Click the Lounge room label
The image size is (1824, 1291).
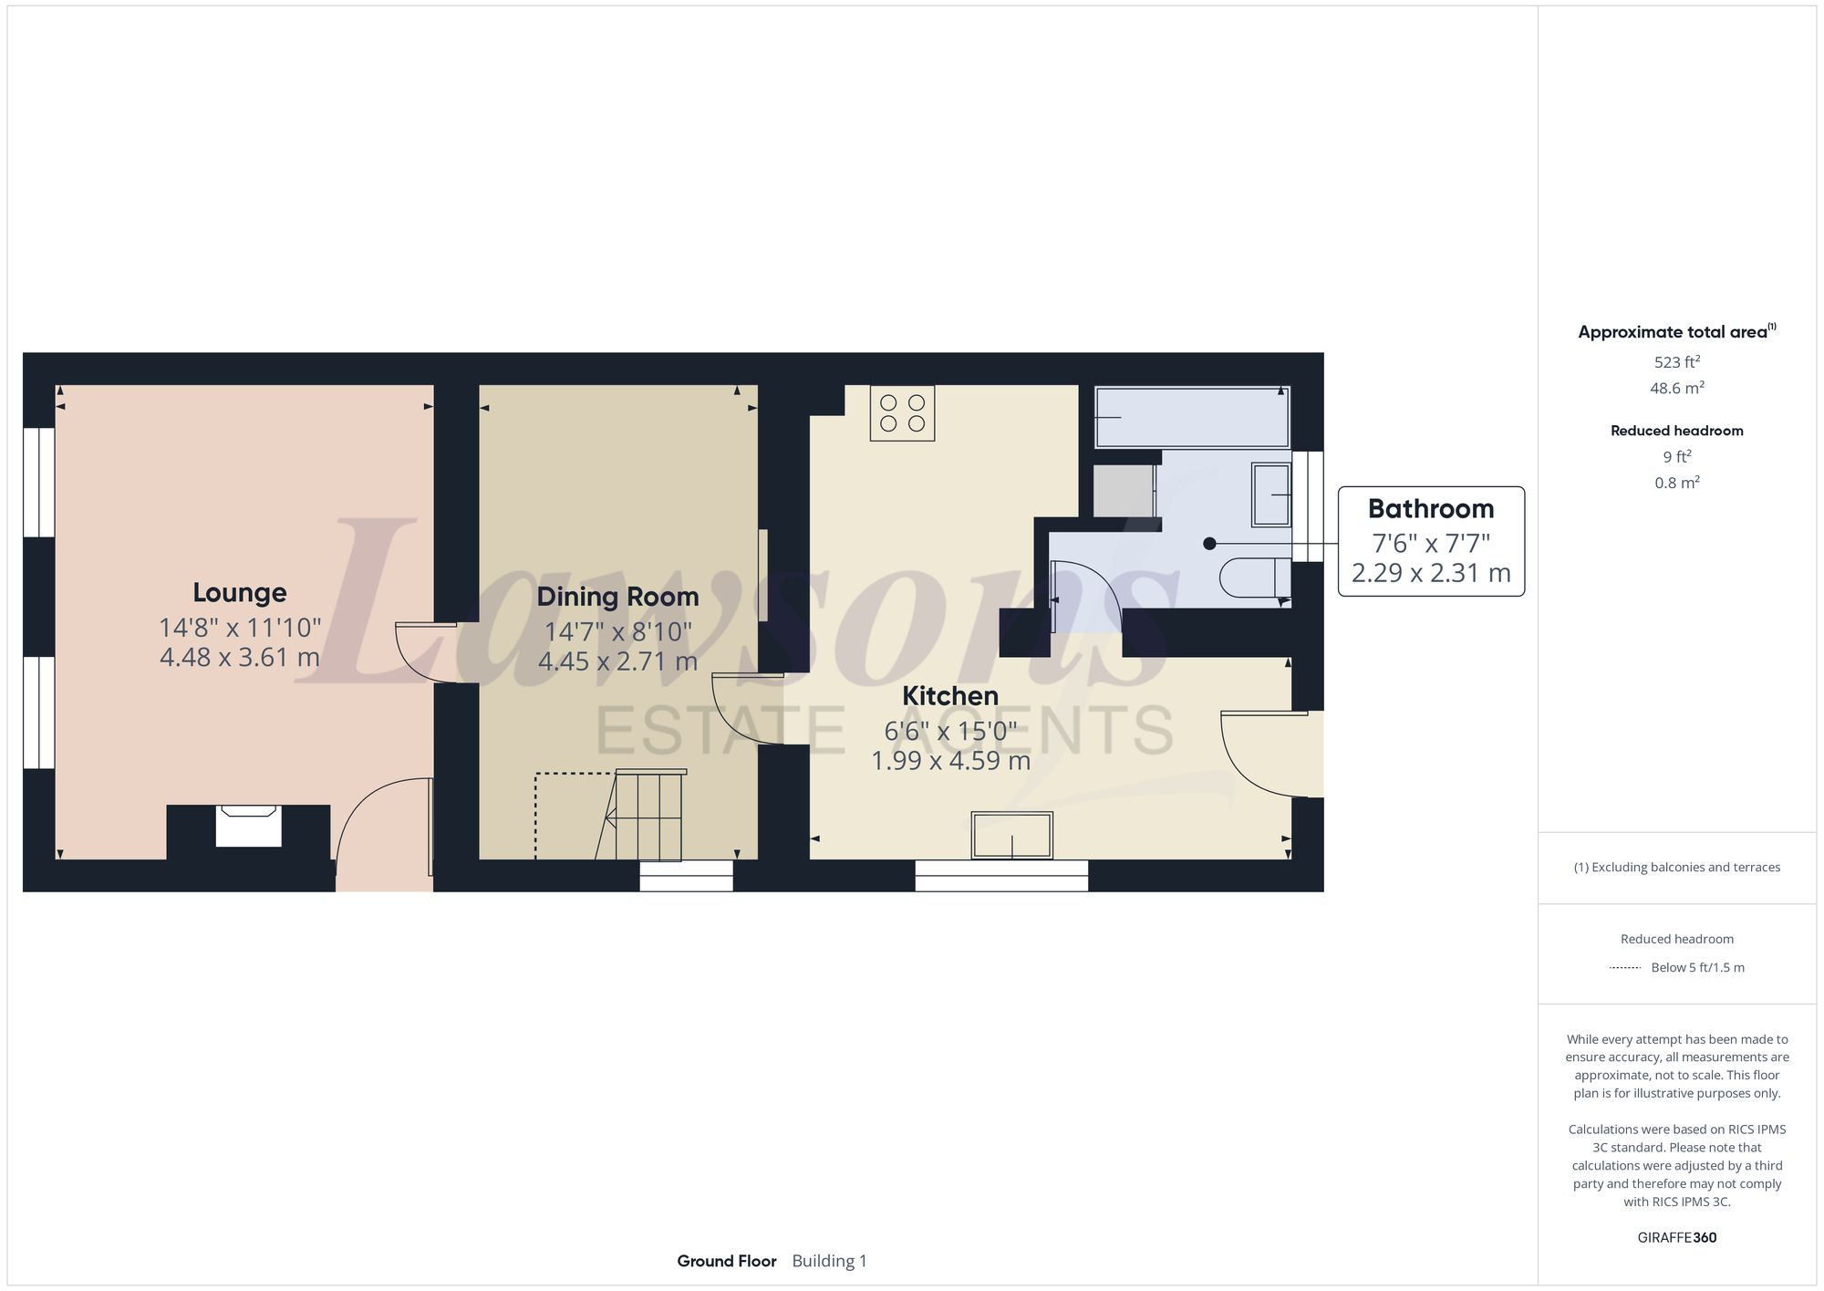[x=240, y=593]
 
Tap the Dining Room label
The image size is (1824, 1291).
[x=617, y=597]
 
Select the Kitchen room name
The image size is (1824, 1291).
[x=950, y=696]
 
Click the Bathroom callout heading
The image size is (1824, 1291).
[x=1430, y=509]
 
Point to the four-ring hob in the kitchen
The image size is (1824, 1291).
[x=902, y=413]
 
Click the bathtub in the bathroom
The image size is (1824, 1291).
[x=1191, y=417]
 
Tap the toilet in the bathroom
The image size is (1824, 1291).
[x=1254, y=577]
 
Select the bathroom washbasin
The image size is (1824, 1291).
[x=1271, y=495]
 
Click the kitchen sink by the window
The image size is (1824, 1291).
[x=1011, y=836]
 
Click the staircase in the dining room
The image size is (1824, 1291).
[x=648, y=815]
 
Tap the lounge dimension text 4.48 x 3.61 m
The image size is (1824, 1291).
[x=240, y=657]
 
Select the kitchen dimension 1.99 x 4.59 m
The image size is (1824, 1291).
[x=950, y=761]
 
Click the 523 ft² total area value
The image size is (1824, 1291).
[x=1676, y=362]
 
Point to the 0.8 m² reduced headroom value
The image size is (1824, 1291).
[x=1676, y=483]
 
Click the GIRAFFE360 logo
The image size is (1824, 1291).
[x=1676, y=1238]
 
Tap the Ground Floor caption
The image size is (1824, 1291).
[x=726, y=1261]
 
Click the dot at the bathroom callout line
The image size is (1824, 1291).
[x=1209, y=544]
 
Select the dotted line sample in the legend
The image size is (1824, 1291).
[x=1625, y=968]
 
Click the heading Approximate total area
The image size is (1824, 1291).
[x=1673, y=332]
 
